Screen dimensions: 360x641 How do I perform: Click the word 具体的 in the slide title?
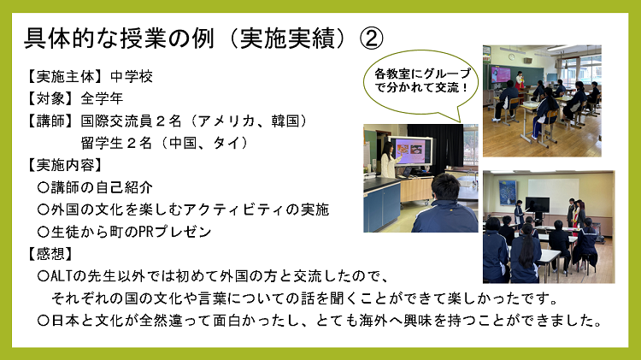tap(58, 38)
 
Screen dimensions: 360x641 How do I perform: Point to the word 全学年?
tap(103, 97)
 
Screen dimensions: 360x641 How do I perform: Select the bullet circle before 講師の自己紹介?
tap(43, 186)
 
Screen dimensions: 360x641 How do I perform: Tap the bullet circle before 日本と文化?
tap(43, 322)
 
